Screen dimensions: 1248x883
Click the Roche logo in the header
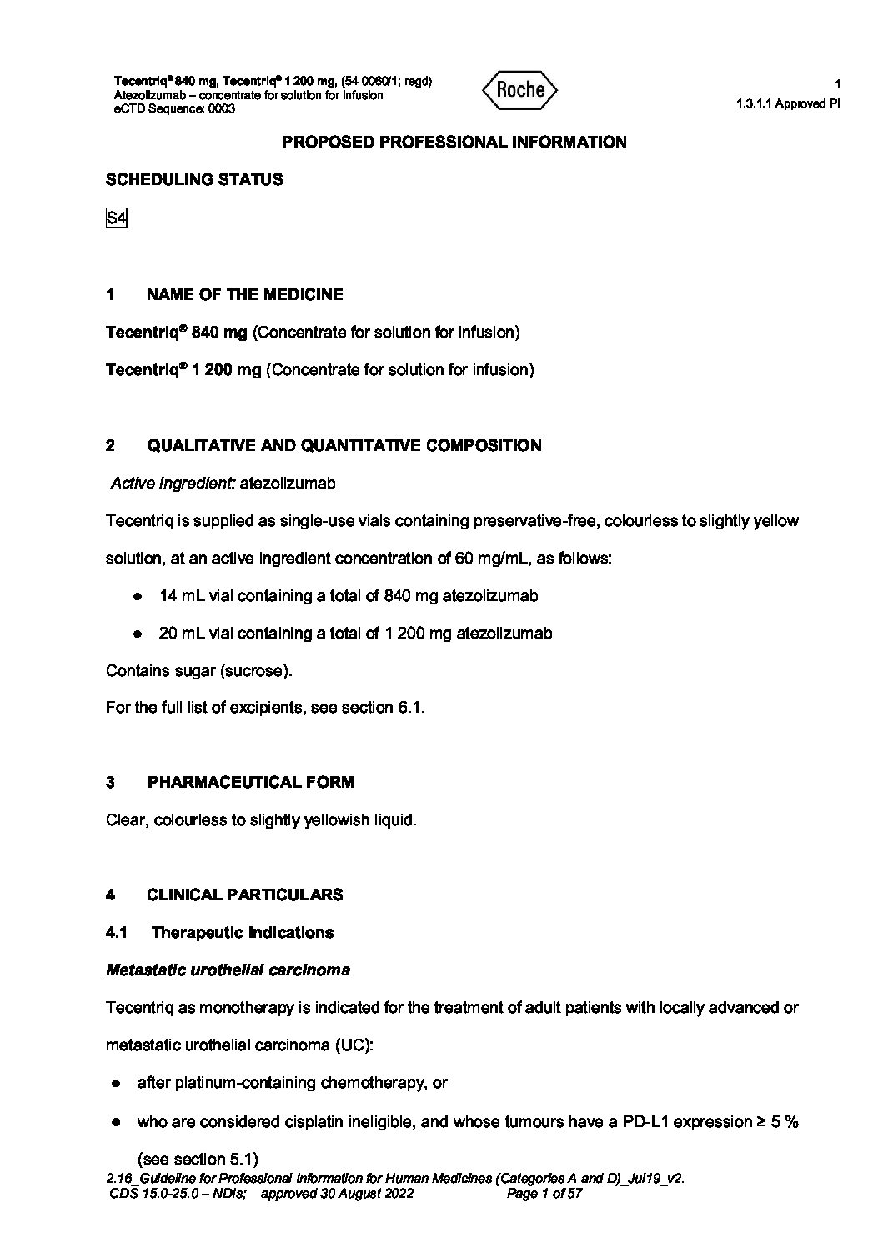click(519, 90)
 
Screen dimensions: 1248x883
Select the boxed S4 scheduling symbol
click(116, 218)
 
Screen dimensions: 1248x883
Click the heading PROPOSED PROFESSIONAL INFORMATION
click(454, 142)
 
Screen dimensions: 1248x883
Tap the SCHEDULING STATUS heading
click(194, 179)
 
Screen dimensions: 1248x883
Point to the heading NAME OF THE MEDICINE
click(244, 294)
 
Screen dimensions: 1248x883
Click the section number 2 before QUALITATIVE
click(111, 445)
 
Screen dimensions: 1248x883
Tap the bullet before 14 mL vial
click(137, 596)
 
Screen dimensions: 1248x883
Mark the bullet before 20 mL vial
click(137, 634)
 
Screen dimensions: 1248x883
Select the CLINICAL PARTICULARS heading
click(244, 895)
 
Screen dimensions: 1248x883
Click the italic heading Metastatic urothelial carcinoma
click(228, 970)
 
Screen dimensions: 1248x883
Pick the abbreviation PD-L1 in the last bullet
click(645, 1121)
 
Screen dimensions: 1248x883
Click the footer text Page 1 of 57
click(544, 1193)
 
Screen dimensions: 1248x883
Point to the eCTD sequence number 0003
click(221, 108)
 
